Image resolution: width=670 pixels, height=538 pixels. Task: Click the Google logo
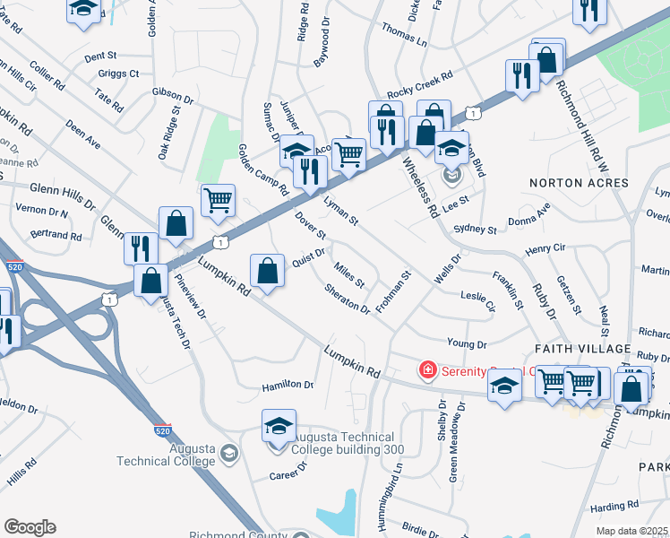(x=30, y=527)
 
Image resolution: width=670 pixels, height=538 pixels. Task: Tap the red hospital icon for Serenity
(x=428, y=369)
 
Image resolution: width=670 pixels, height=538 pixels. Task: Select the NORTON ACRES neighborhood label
(x=579, y=183)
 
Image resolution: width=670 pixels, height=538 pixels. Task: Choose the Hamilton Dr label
(x=288, y=386)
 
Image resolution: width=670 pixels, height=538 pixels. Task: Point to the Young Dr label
(x=466, y=344)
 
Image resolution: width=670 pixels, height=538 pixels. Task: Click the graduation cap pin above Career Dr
(x=279, y=424)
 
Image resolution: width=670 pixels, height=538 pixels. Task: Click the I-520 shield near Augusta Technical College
(x=162, y=431)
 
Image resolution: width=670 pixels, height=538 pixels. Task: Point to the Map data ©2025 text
(x=632, y=531)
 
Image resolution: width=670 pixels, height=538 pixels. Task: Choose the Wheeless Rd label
(x=419, y=188)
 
